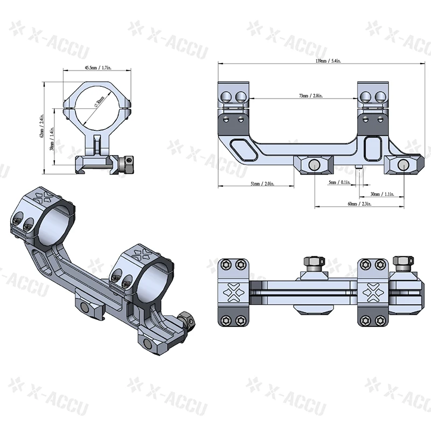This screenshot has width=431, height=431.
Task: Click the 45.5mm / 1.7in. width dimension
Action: click(x=98, y=68)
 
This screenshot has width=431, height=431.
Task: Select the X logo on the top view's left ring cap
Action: click(x=233, y=291)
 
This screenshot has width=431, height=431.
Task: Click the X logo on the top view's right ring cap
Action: click(x=373, y=291)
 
